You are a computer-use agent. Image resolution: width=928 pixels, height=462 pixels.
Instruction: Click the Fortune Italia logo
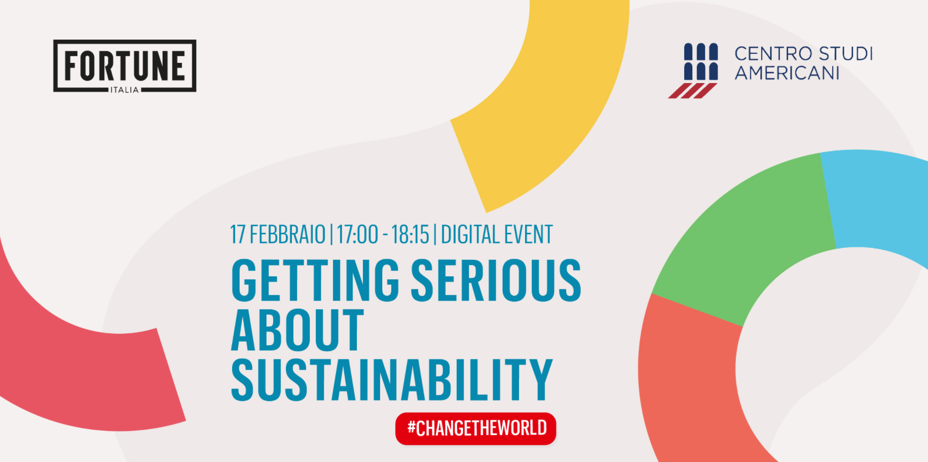(125, 66)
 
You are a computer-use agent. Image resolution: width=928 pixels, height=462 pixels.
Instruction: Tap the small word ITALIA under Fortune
(125, 90)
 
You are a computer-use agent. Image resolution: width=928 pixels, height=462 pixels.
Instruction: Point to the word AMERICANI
(787, 73)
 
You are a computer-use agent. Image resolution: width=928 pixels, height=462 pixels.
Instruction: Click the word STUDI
(846, 53)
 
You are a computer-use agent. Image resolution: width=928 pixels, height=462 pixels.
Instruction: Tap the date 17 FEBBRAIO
(278, 235)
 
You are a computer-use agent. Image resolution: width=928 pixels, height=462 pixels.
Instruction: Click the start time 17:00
(357, 235)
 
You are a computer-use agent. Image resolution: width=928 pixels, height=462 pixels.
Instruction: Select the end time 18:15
(410, 235)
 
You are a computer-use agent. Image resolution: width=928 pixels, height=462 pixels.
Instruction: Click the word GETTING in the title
(315, 279)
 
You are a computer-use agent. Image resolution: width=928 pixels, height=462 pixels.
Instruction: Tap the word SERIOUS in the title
(496, 279)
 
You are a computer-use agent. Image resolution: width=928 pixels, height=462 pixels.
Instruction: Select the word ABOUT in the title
(298, 330)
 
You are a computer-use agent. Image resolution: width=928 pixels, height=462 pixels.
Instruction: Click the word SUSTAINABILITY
(392, 380)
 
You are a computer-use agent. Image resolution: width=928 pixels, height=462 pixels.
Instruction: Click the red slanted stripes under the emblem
(692, 91)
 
